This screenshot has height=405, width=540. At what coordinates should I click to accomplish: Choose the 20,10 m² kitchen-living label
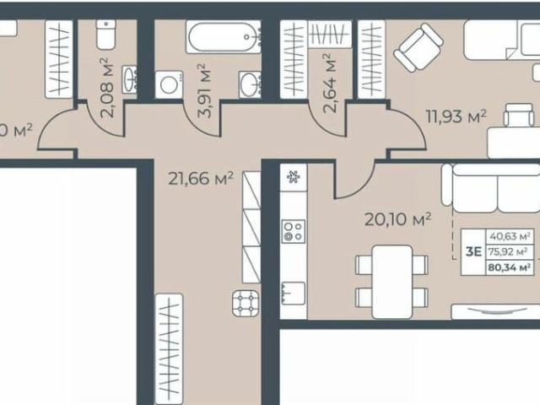[397, 219]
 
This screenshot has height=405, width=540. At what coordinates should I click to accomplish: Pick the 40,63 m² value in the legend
[510, 236]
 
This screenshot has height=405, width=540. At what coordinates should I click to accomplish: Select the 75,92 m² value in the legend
[510, 251]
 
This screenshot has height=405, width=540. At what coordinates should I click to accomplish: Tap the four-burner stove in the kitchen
[294, 231]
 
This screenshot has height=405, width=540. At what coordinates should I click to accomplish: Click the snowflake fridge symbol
[294, 177]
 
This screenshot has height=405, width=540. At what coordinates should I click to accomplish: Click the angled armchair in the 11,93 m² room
[418, 47]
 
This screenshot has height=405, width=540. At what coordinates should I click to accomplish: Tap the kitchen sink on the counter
[290, 291]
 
